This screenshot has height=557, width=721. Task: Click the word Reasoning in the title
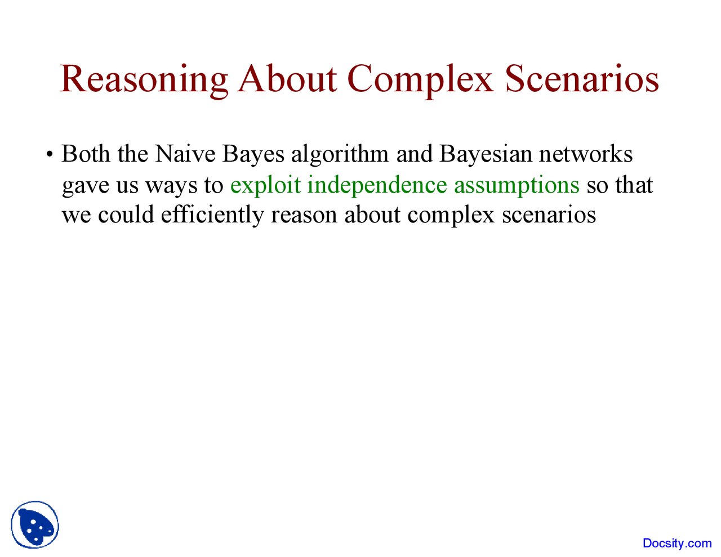pyautogui.click(x=144, y=79)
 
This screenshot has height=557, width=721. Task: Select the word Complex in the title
pyautogui.click(x=420, y=79)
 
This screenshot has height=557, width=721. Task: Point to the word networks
pyautogui.click(x=586, y=154)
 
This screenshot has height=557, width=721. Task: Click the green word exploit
pyautogui.click(x=265, y=185)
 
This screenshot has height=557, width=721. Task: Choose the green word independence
pyautogui.click(x=377, y=185)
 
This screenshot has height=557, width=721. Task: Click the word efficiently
pyautogui.click(x=212, y=216)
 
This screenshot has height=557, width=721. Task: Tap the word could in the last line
pyautogui.click(x=126, y=215)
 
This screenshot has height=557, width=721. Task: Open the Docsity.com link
pyautogui.click(x=677, y=543)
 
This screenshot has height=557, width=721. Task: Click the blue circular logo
pyautogui.click(x=35, y=525)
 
